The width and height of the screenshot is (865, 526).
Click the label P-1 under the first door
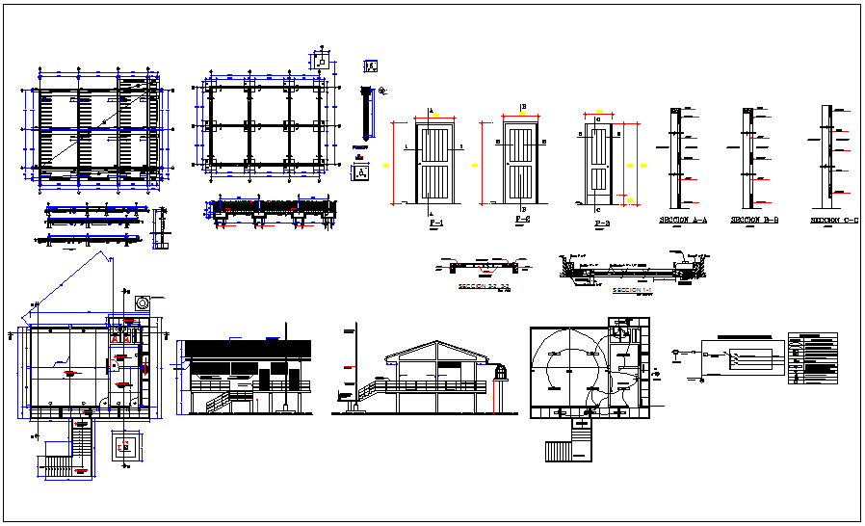pos(435,223)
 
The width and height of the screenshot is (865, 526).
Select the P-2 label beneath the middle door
pos(523,221)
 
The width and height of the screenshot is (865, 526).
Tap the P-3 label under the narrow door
pos(602,224)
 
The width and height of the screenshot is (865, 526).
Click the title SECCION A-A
pos(683,221)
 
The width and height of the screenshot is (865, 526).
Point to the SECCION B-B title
pos(754,221)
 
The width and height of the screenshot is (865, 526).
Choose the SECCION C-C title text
pos(833,221)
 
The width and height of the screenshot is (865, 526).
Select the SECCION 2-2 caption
pos(484,286)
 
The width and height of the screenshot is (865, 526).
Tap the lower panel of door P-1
pos(435,183)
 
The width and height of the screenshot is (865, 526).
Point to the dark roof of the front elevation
pos(249,348)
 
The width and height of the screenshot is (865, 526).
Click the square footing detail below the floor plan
pos(124,446)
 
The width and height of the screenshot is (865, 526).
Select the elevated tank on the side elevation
pos(500,373)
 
